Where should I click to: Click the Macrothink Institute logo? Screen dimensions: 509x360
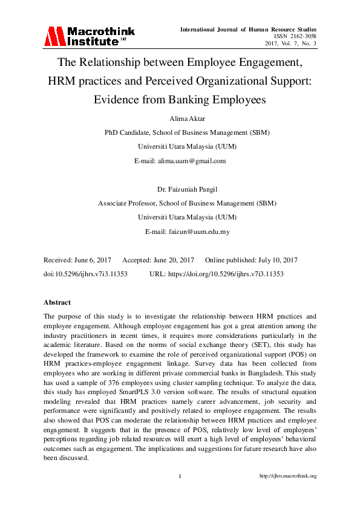(x=89, y=36)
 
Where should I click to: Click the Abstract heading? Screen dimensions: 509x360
(x=57, y=302)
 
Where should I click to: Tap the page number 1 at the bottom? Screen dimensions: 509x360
(x=180, y=476)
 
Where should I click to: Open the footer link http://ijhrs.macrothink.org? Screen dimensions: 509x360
(x=288, y=476)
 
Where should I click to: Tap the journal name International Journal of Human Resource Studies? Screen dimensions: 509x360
(x=248, y=29)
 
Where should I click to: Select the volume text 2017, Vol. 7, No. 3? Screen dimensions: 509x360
(x=290, y=44)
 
